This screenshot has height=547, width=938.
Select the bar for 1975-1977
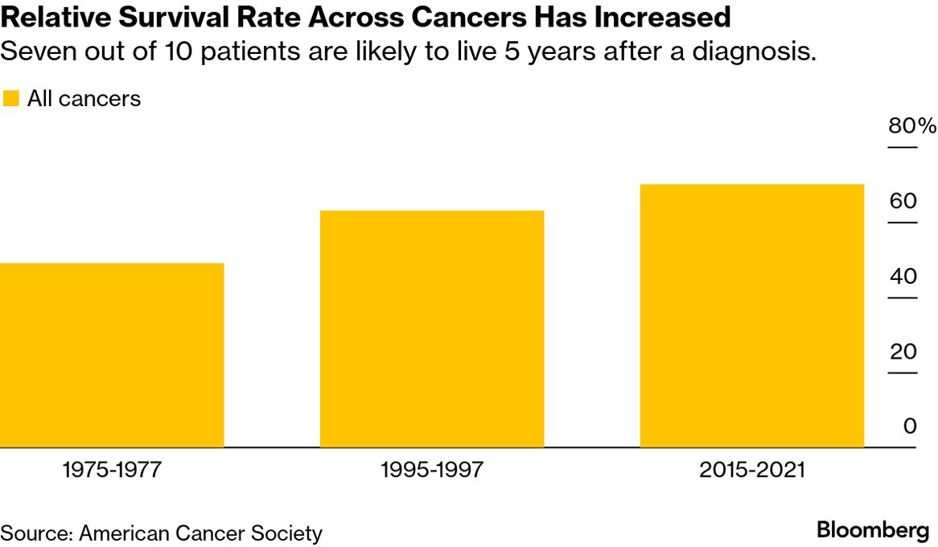(x=112, y=355)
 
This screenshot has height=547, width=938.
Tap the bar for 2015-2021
(x=751, y=315)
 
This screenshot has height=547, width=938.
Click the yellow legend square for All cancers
(x=11, y=99)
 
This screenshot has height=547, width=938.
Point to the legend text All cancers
(x=84, y=99)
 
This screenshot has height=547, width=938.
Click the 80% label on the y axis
(x=911, y=126)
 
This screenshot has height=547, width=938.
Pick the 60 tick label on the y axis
(x=903, y=200)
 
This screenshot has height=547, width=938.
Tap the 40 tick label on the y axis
(x=903, y=276)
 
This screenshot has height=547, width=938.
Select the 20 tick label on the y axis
(x=903, y=352)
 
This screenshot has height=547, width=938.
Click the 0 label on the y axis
(x=910, y=426)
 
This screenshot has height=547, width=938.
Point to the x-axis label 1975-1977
(x=112, y=470)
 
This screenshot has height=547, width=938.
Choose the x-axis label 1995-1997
(x=432, y=470)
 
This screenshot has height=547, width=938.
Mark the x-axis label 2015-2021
(x=751, y=470)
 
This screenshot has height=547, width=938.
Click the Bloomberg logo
(x=873, y=530)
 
